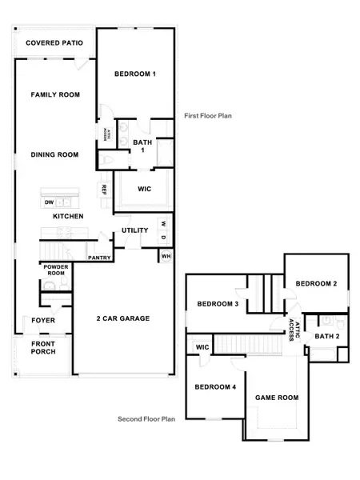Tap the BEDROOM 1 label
click(x=134, y=74)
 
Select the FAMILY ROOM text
click(x=55, y=95)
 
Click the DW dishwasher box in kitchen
click(x=50, y=202)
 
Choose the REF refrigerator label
click(x=104, y=190)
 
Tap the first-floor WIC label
click(x=145, y=190)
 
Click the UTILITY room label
click(x=134, y=230)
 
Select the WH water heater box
click(x=166, y=256)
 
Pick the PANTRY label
click(x=99, y=258)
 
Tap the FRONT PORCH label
click(x=43, y=349)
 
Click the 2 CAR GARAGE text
click(x=122, y=318)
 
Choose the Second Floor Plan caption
click(x=146, y=418)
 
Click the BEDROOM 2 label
click(x=316, y=284)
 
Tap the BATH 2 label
click(x=326, y=337)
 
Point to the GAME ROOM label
click(x=276, y=398)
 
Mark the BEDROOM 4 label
click(x=215, y=387)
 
